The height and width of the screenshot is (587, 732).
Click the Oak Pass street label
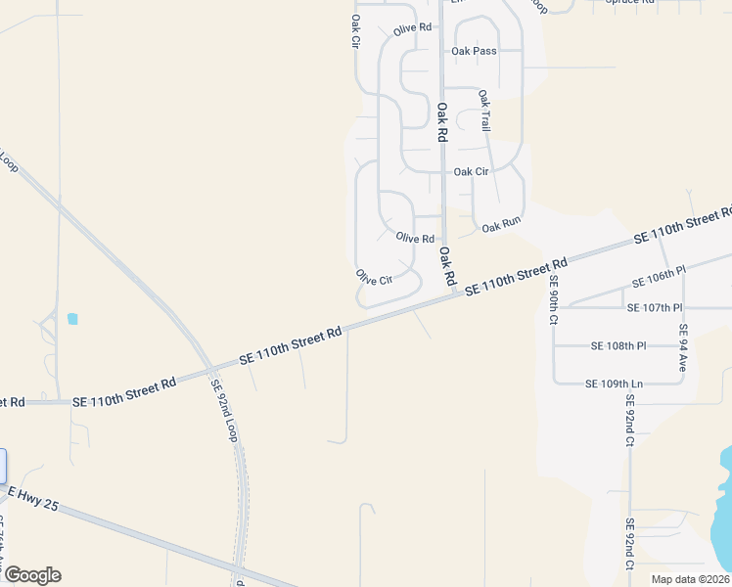pos(473,50)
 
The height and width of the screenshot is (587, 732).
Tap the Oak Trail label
pos(484,111)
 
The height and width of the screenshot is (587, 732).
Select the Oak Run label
pos(501,225)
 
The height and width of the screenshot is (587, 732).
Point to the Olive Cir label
pos(374,278)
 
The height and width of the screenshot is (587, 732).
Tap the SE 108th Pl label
pos(619,345)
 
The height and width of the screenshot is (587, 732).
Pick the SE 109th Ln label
pos(614,384)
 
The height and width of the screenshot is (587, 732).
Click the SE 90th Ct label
pos(553,301)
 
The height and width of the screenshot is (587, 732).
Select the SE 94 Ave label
pos(683,348)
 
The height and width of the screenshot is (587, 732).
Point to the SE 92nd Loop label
pos(225,409)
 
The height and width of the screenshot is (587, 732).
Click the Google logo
pos(31,575)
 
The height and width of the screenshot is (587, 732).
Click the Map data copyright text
pos(689,579)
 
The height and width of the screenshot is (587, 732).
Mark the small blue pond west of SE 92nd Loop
pos(72,319)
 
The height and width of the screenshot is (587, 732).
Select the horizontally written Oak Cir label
pos(471,171)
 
